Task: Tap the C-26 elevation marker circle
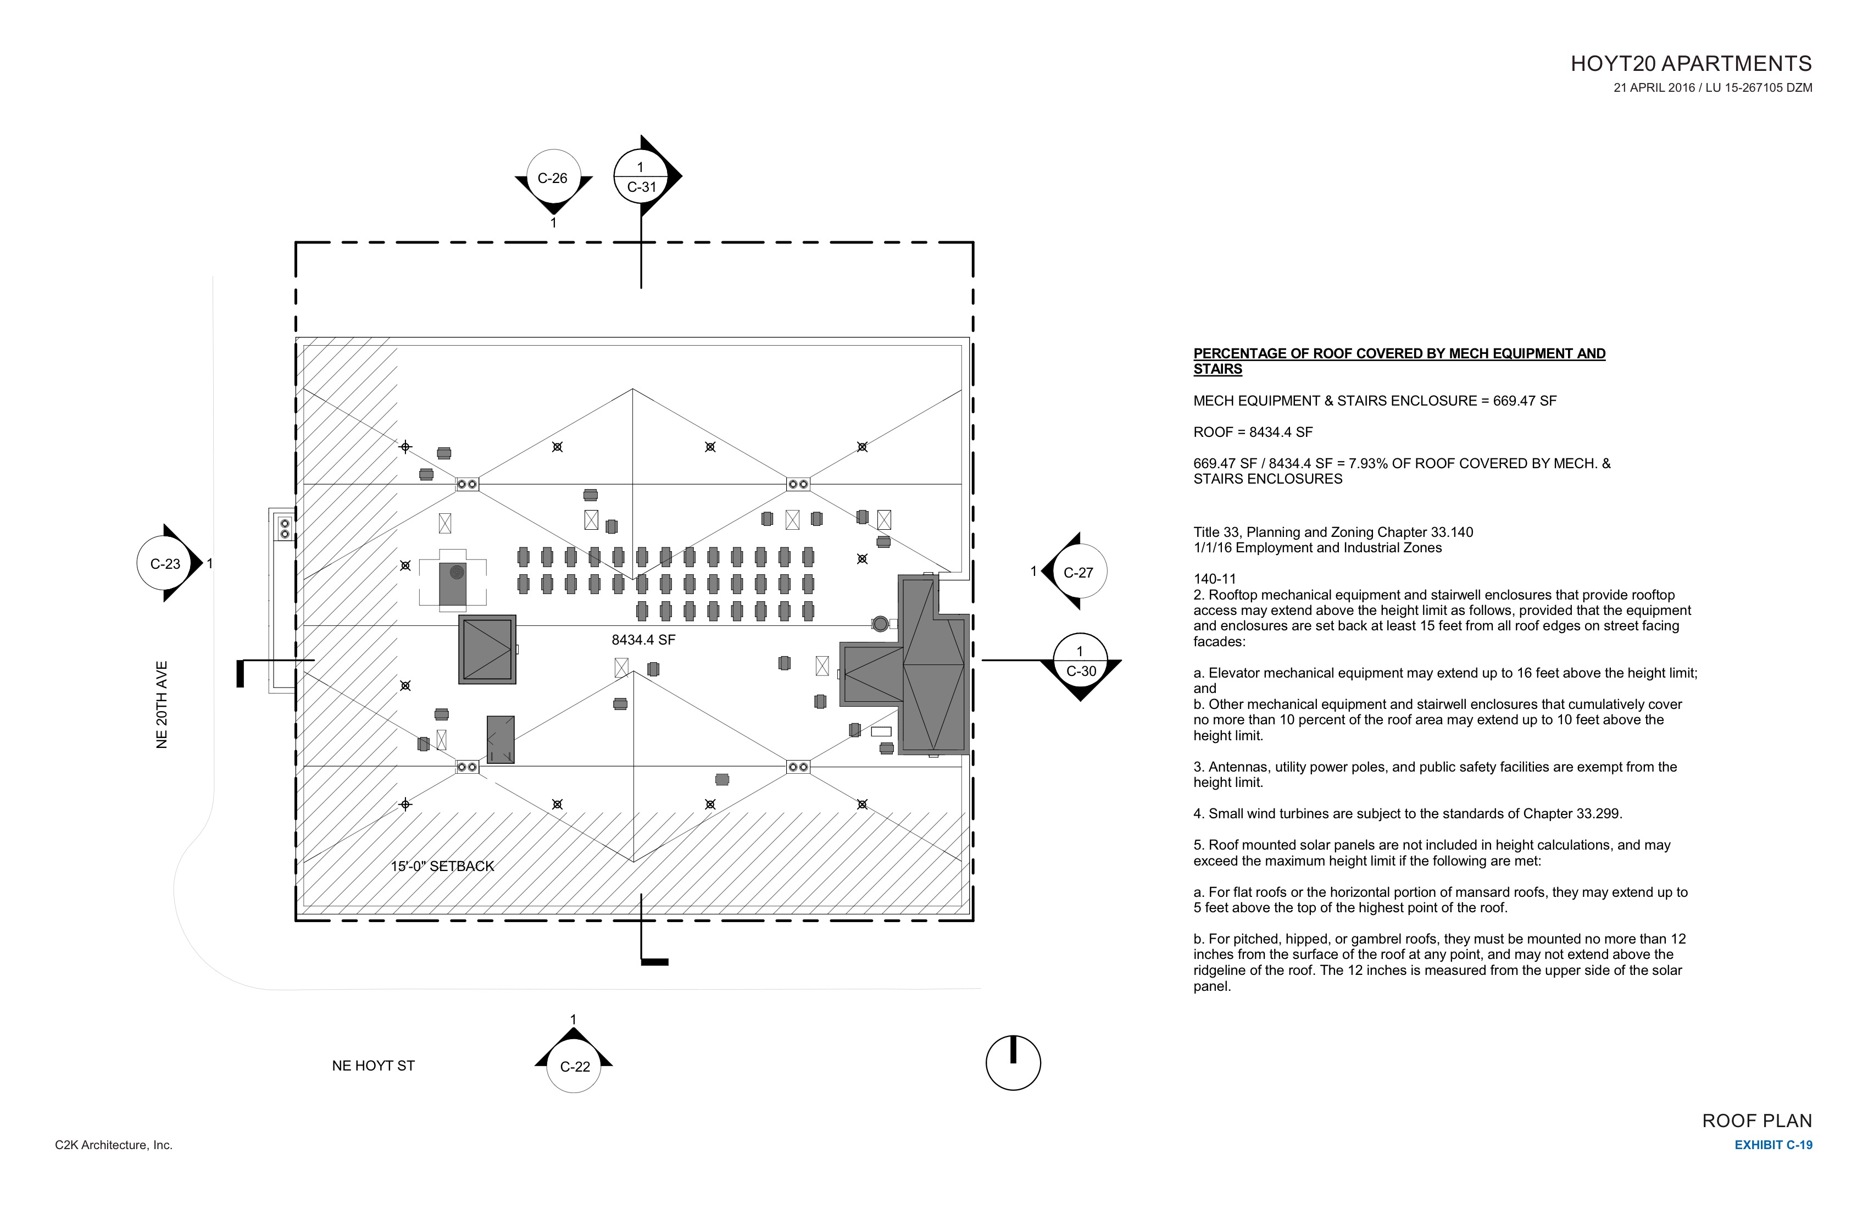[x=553, y=178]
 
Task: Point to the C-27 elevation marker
[x=1078, y=572]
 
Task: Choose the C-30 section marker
[x=1081, y=662]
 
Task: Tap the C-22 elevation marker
[x=575, y=1066]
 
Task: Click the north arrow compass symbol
[x=1013, y=1063]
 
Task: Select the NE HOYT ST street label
[x=373, y=1066]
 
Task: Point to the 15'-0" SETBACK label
[x=443, y=866]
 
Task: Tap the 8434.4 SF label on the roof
[x=643, y=640]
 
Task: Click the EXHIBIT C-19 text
[x=1773, y=1145]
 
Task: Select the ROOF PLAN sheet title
[x=1756, y=1121]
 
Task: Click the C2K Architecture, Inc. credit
[x=114, y=1145]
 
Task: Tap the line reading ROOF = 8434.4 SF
[x=1253, y=432]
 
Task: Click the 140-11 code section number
[x=1214, y=579]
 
